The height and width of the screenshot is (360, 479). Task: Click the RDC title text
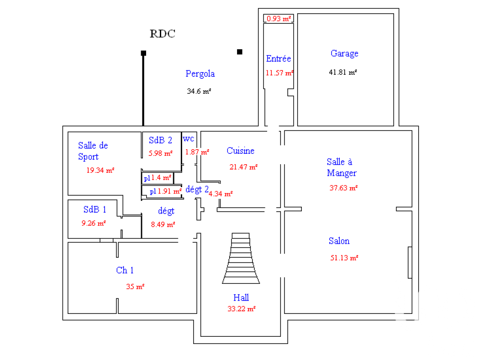coord(163,34)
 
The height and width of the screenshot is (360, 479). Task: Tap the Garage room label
coord(344,53)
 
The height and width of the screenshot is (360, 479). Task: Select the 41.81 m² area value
coord(342,72)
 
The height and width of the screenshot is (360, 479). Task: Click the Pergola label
coord(200,73)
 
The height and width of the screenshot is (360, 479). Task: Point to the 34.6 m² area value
coord(199,91)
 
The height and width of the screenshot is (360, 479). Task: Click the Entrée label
coord(278,59)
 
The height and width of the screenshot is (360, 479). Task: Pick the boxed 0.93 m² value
coord(279,19)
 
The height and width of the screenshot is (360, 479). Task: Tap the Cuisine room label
coord(240,151)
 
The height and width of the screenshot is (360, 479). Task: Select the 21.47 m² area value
coord(243,167)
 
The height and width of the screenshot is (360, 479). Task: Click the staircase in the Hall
coord(241,258)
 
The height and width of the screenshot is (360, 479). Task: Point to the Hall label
coord(241,297)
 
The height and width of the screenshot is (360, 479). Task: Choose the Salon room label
coord(339,241)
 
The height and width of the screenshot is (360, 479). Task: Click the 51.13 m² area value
coord(344,258)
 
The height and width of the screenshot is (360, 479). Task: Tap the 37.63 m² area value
coord(343,188)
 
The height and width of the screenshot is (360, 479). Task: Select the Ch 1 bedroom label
coord(125,271)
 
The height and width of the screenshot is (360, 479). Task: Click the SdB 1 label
coord(95,210)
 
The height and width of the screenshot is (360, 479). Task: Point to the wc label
coord(188,138)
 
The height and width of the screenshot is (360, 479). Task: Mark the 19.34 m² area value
coord(100,170)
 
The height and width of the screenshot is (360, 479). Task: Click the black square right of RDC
coord(240,52)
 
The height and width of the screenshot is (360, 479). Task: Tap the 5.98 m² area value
coord(160,153)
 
